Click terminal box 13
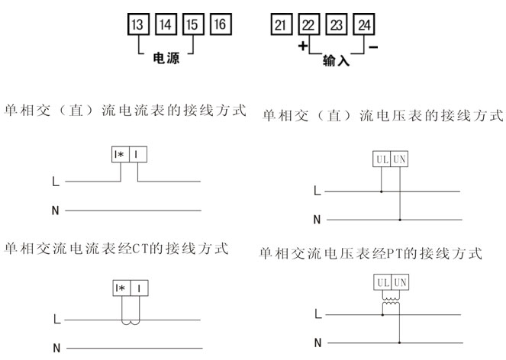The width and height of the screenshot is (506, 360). click(138, 24)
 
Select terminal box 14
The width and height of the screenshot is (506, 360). click(166, 24)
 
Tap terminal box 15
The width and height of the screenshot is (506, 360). click(193, 24)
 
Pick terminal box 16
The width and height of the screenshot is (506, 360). click(221, 24)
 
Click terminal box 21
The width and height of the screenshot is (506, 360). click(282, 24)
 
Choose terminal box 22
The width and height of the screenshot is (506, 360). click(309, 24)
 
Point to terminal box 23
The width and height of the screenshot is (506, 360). click(337, 24)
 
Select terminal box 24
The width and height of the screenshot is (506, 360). click(364, 24)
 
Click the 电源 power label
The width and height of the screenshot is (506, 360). click(166, 58)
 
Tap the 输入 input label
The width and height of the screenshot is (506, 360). click(337, 60)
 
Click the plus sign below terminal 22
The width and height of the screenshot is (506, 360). click(303, 46)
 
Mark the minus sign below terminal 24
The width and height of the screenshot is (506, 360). click(373, 47)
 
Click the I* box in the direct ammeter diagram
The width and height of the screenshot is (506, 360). click(121, 154)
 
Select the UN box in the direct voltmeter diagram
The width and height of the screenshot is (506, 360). click(399, 159)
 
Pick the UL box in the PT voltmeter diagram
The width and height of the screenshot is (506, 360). click(382, 282)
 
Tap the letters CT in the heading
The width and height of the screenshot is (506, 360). click(140, 249)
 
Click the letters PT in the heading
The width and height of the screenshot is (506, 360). click(395, 253)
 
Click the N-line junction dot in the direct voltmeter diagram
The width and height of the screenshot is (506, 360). click(400, 220)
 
